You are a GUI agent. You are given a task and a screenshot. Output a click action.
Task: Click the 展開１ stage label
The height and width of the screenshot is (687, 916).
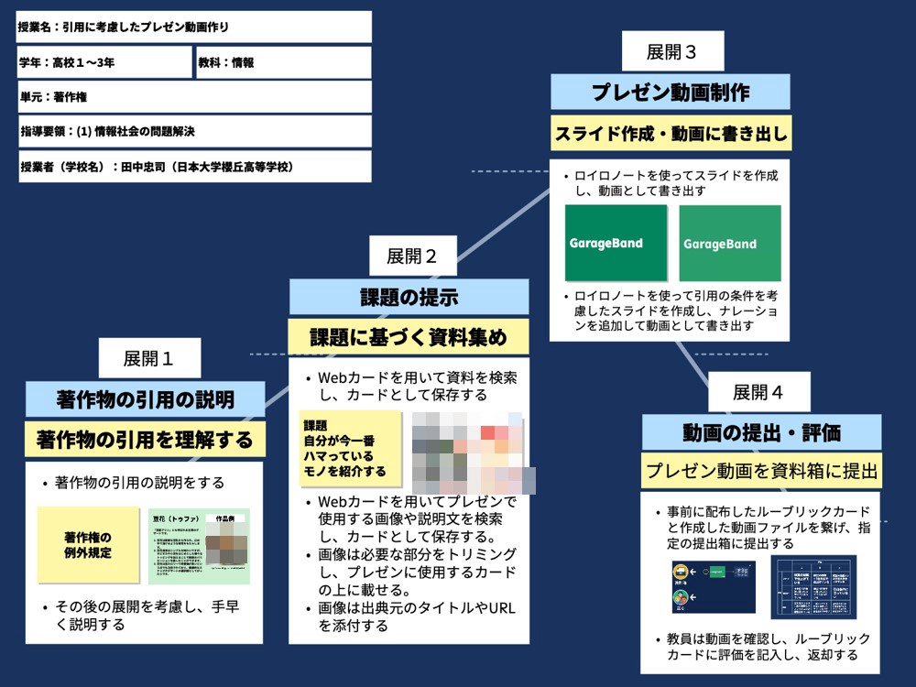[x=149, y=358]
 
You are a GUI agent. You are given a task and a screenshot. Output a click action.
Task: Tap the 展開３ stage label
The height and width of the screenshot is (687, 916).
[x=672, y=51]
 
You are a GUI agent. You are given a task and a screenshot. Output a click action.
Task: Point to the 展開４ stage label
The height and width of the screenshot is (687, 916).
[x=758, y=392]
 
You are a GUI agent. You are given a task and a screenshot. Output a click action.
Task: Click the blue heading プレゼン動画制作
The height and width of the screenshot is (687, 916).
[x=671, y=93]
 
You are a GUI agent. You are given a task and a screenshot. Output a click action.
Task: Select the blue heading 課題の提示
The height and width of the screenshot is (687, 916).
[x=409, y=297]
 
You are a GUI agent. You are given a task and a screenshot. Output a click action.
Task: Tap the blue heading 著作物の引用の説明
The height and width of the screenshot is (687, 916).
[x=145, y=399]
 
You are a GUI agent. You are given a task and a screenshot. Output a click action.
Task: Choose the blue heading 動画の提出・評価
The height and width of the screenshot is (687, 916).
[x=761, y=432]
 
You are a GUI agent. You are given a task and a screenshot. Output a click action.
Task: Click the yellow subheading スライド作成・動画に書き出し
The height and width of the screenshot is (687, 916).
[x=671, y=134]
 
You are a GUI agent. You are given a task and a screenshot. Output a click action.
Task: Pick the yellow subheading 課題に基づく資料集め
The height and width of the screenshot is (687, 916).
[x=409, y=337]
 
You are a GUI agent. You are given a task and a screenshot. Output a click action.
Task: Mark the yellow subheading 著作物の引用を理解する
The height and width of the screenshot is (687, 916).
[x=145, y=440]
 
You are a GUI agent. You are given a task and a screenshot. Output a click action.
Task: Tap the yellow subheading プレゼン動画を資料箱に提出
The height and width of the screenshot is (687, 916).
[x=761, y=472]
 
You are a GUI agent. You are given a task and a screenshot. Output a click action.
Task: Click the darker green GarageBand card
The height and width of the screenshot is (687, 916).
[x=616, y=243]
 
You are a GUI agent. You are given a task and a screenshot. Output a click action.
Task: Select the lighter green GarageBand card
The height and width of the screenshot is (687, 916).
[x=730, y=244]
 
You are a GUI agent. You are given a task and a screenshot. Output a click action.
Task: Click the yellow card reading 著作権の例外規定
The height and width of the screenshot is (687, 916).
[x=87, y=544]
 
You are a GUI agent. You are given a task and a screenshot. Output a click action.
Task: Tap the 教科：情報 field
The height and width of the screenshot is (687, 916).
[x=283, y=63]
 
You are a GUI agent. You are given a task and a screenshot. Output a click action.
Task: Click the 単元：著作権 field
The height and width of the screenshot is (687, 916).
[x=194, y=96]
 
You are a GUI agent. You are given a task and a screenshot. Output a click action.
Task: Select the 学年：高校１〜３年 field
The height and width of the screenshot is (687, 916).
[x=104, y=63]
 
